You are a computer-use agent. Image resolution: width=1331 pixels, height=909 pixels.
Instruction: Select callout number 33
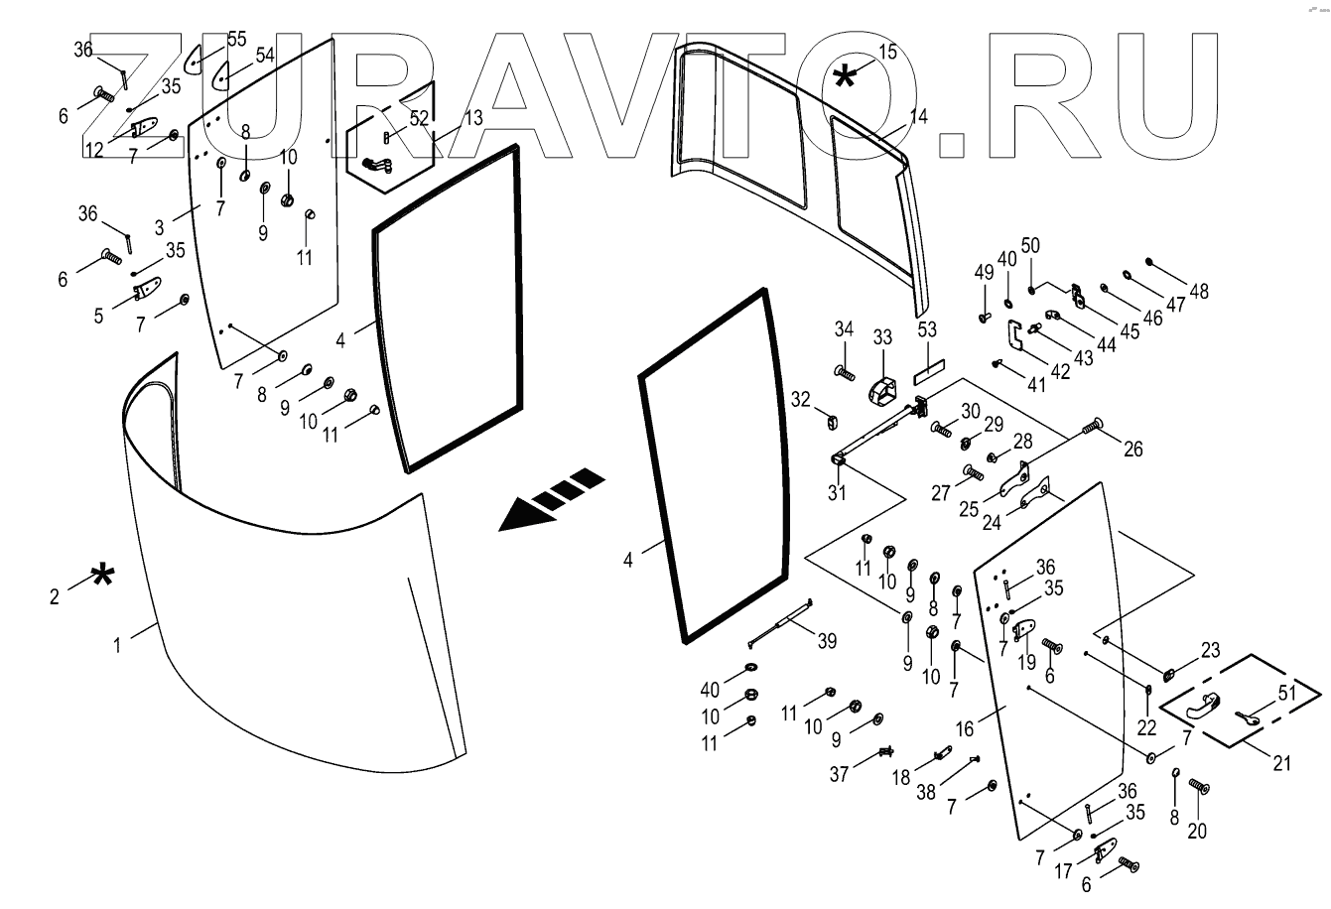883,338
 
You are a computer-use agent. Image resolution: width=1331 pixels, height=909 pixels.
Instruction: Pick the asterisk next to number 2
101,577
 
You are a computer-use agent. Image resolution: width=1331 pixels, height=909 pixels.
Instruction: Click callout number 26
1132,450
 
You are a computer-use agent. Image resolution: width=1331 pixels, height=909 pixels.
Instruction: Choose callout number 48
1199,292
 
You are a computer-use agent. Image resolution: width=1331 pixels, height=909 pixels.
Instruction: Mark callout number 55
237,39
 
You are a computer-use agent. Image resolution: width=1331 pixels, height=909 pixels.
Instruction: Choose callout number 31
838,491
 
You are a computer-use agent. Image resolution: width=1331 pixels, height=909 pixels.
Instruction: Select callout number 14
919,116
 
